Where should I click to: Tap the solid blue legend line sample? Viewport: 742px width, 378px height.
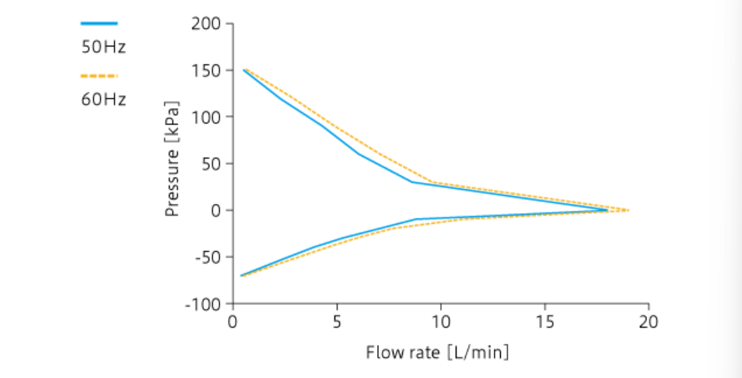(99, 23)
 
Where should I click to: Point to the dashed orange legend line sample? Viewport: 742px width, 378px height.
(99, 75)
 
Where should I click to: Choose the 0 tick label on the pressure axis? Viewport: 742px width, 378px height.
(217, 211)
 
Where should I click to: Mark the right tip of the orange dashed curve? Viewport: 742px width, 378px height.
(628, 210)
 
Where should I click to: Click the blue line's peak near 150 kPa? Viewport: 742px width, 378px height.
(243, 70)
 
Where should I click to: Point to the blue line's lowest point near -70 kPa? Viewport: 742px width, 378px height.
(241, 275)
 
